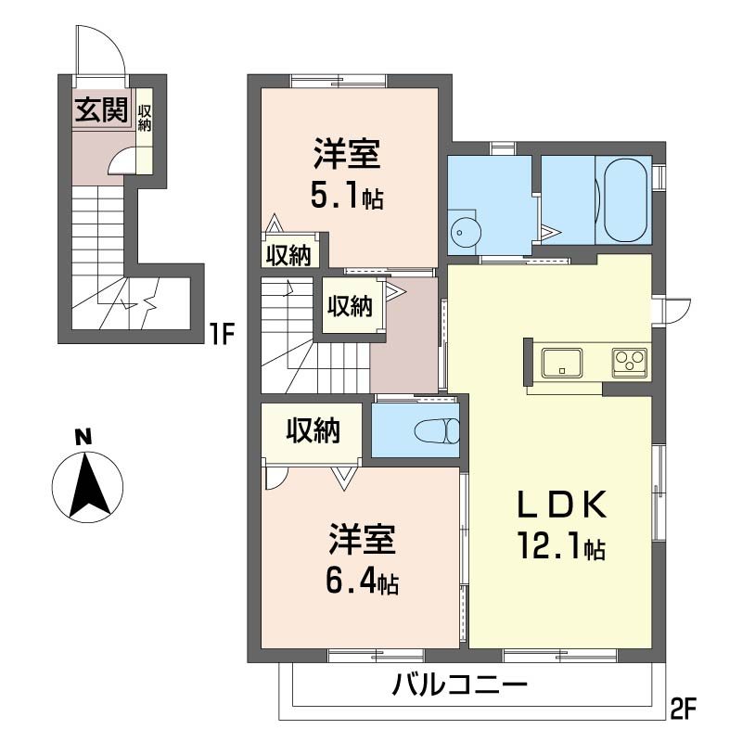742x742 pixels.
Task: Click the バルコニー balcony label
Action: coord(460,687)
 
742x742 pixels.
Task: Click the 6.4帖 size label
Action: coord(363,582)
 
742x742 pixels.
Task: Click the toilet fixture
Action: coord(436,432)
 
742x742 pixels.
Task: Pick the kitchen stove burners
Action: coord(630,361)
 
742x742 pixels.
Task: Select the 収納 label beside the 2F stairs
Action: coord(349,305)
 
